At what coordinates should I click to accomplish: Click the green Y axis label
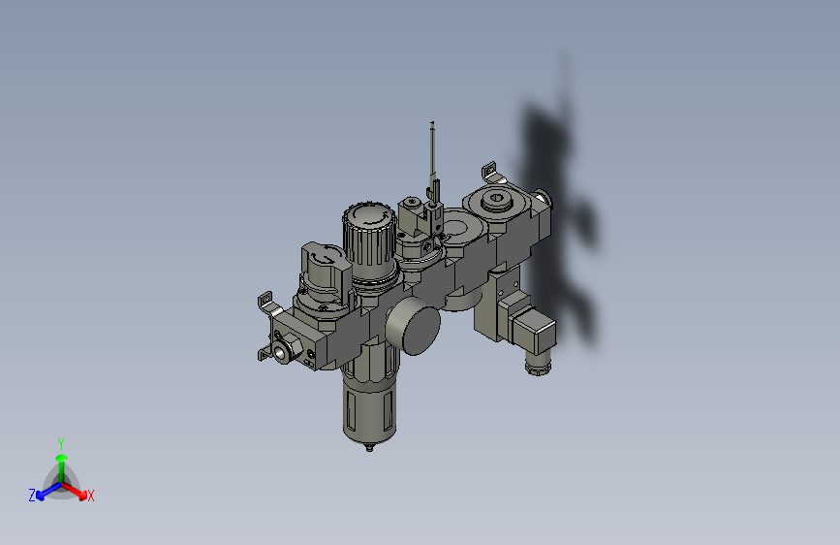(x=60, y=442)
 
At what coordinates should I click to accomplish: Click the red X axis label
(x=91, y=496)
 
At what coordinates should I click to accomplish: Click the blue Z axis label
(x=32, y=496)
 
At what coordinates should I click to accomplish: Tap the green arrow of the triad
(x=60, y=462)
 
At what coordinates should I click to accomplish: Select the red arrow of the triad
(x=77, y=489)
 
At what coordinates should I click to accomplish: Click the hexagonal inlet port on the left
(x=284, y=349)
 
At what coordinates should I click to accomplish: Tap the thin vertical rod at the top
(x=432, y=155)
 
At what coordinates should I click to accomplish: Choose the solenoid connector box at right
(x=532, y=332)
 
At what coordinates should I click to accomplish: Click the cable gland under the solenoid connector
(x=536, y=367)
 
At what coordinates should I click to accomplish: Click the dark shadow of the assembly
(x=562, y=213)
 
